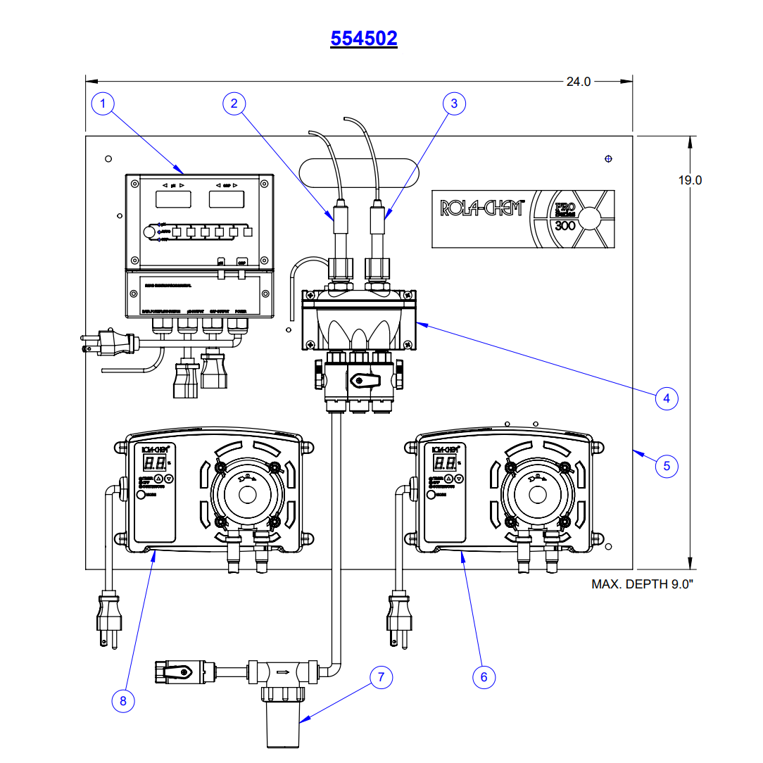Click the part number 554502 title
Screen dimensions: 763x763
tap(364, 38)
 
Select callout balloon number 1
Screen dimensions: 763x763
tap(103, 104)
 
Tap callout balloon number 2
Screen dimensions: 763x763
tap(234, 103)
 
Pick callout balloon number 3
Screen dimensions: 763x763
tap(454, 103)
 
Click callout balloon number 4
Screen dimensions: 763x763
tap(666, 398)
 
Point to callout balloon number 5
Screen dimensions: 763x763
tap(667, 465)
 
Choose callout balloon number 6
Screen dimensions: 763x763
tap(484, 676)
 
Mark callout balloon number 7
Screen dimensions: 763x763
tap(381, 677)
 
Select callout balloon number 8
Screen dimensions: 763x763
tap(123, 700)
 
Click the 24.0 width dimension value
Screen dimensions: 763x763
tap(579, 82)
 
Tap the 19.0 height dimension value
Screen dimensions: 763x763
tap(690, 180)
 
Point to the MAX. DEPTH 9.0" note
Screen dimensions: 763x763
tap(642, 584)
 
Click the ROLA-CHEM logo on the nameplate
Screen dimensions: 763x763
tap(481, 208)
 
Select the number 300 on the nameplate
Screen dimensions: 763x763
tap(565, 226)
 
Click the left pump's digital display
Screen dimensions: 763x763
tap(155, 463)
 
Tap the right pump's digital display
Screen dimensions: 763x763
tap(445, 463)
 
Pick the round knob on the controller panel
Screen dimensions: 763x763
tap(149, 232)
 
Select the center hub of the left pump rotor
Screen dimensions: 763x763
tap(247, 493)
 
